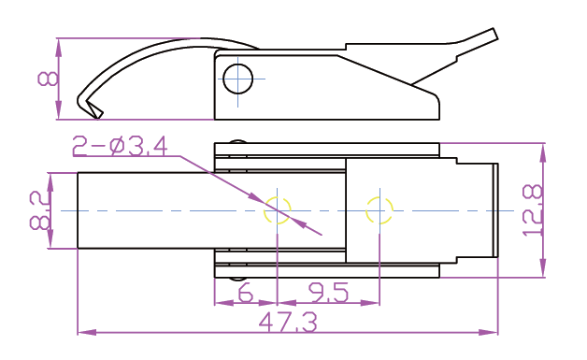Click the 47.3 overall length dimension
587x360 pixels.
click(288, 323)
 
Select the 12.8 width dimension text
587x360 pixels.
click(533, 210)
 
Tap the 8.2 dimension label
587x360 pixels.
click(40, 210)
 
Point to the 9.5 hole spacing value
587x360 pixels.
click(328, 293)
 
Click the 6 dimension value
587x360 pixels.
click(245, 293)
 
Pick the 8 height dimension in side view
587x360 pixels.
click(48, 79)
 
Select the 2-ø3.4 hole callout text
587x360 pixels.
click(120, 146)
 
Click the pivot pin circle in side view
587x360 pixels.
click(238, 79)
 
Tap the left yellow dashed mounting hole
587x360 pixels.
click(277, 210)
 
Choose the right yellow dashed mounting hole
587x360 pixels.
click(379, 210)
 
